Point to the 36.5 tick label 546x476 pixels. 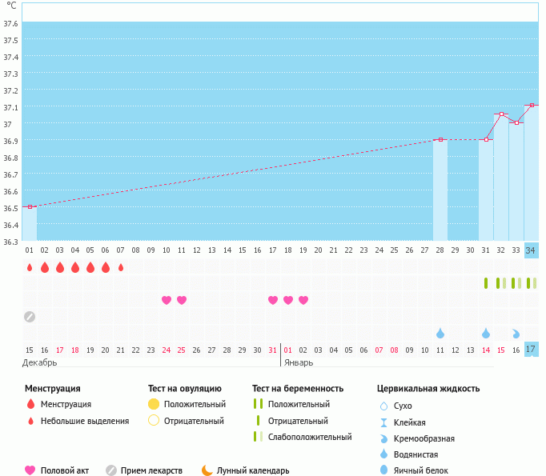coord(10,208)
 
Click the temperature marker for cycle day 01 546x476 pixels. coord(30,207)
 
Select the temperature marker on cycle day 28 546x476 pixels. coord(440,140)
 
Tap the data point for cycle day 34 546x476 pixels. coord(532,105)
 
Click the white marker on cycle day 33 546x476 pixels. coord(516,123)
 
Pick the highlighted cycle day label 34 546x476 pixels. coord(532,250)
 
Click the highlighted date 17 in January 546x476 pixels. coord(532,350)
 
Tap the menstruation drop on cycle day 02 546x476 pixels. coord(45,267)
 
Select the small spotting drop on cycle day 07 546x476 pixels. coord(121,267)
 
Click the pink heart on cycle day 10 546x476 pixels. coord(167,300)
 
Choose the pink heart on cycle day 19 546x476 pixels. coord(303,300)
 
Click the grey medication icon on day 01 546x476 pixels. coord(30,316)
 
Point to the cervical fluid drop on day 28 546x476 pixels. coord(440,333)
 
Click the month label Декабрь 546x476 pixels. coord(40,362)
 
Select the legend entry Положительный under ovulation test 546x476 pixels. coord(195,404)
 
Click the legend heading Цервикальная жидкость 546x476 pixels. coord(428,389)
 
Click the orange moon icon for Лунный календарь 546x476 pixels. coord(207,470)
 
